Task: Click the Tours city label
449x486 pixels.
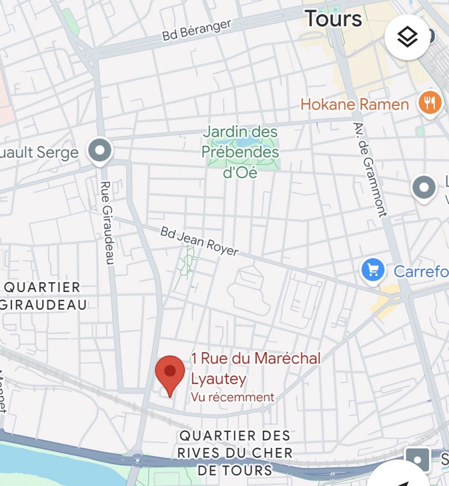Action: click(x=333, y=19)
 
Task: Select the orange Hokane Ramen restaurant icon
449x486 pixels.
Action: click(x=430, y=103)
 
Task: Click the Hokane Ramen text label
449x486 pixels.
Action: click(x=355, y=104)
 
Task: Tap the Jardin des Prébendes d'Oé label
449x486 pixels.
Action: click(x=240, y=152)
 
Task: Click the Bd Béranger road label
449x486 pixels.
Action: click(x=196, y=29)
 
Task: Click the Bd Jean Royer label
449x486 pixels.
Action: click(x=199, y=241)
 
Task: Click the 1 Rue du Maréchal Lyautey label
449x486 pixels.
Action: click(x=255, y=368)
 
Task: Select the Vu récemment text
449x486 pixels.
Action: click(x=233, y=397)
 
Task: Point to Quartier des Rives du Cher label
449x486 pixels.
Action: click(x=234, y=452)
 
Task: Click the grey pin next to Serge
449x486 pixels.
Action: click(x=100, y=151)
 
